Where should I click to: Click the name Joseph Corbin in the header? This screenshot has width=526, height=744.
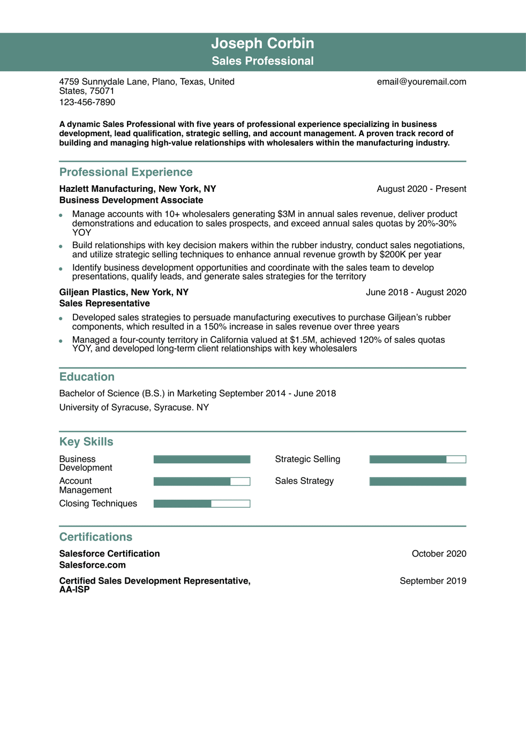pyautogui.click(x=262, y=43)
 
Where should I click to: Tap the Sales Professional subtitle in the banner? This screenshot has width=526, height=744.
pyautogui.click(x=262, y=61)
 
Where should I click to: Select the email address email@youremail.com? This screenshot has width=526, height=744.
pyautogui.click(x=421, y=82)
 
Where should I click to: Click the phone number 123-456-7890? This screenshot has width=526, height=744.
pyautogui.click(x=87, y=102)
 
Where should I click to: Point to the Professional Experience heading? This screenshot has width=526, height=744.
pyautogui.click(x=125, y=172)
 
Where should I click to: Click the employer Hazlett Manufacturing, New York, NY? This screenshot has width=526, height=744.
pyautogui.click(x=137, y=189)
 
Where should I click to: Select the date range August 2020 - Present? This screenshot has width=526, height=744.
pyautogui.click(x=421, y=189)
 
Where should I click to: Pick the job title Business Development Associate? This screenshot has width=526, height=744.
pyautogui.click(x=131, y=200)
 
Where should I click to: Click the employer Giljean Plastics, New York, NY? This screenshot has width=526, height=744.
pyautogui.click(x=124, y=292)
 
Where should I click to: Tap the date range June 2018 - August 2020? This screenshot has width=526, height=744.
pyautogui.click(x=416, y=292)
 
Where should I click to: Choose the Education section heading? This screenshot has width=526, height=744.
pyautogui.click(x=87, y=377)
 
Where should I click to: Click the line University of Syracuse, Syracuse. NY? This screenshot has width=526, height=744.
pyautogui.click(x=134, y=408)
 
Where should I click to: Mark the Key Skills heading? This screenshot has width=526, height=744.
pyautogui.click(x=86, y=442)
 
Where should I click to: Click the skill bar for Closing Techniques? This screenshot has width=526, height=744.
pyautogui.click(x=201, y=503)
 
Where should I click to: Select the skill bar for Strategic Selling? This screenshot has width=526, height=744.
pyautogui.click(x=417, y=460)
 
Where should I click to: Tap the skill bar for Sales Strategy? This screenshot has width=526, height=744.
pyautogui.click(x=417, y=482)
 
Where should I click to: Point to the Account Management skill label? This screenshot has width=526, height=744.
pyautogui.click(x=85, y=486)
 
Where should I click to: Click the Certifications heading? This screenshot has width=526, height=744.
pyautogui.click(x=95, y=537)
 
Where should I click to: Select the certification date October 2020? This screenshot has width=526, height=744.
pyautogui.click(x=439, y=554)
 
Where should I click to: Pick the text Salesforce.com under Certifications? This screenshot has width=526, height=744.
pyautogui.click(x=92, y=565)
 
